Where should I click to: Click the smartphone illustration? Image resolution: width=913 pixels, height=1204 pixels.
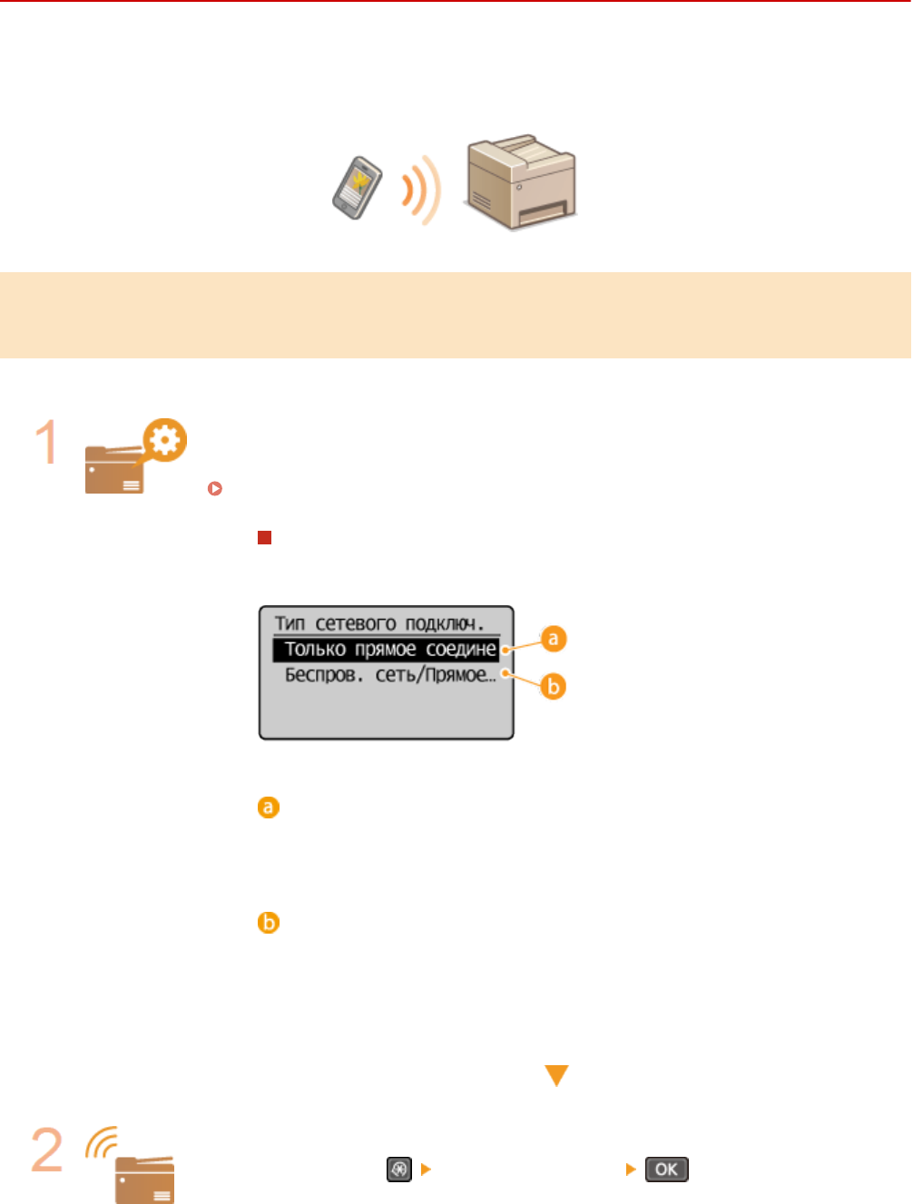(358, 188)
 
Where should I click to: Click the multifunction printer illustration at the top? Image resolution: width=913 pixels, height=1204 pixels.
(520, 182)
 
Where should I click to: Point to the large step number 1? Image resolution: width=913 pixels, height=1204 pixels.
(45, 443)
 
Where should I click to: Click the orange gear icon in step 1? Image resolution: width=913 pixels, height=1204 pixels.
(164, 441)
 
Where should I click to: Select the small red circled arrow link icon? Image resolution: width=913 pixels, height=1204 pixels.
(215, 488)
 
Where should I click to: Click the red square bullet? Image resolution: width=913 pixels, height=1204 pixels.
(265, 538)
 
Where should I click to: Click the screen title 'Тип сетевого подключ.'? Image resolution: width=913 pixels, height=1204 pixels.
(379, 623)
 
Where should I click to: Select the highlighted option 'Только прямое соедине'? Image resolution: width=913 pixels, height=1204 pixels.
(386, 650)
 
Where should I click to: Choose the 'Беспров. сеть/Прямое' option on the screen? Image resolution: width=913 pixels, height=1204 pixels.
(389, 675)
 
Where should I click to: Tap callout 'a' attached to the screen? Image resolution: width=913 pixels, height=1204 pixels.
(553, 639)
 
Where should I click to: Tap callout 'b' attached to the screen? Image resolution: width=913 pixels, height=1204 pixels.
(553, 687)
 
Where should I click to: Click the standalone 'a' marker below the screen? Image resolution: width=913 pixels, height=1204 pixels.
(269, 808)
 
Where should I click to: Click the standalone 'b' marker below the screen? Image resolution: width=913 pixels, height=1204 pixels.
(269, 924)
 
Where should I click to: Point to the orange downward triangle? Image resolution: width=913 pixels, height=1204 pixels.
(556, 1076)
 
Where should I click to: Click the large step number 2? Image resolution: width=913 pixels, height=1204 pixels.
(47, 1150)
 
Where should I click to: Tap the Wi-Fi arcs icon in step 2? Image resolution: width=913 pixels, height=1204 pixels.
(101, 1142)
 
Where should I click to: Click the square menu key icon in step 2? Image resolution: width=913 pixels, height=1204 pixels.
(399, 1170)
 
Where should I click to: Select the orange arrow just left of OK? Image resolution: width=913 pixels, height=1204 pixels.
(631, 1170)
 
